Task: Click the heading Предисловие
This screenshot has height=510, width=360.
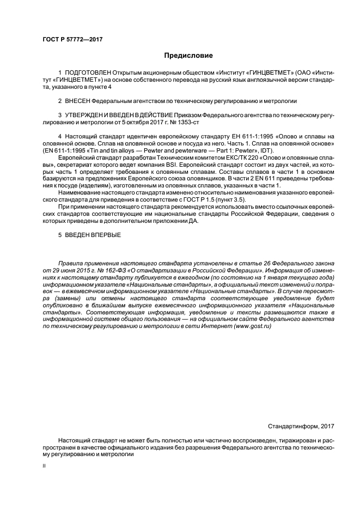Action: [189, 56]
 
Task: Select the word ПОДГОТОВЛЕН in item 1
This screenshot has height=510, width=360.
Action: [88, 72]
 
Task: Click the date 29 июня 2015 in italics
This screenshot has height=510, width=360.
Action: [64, 270]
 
